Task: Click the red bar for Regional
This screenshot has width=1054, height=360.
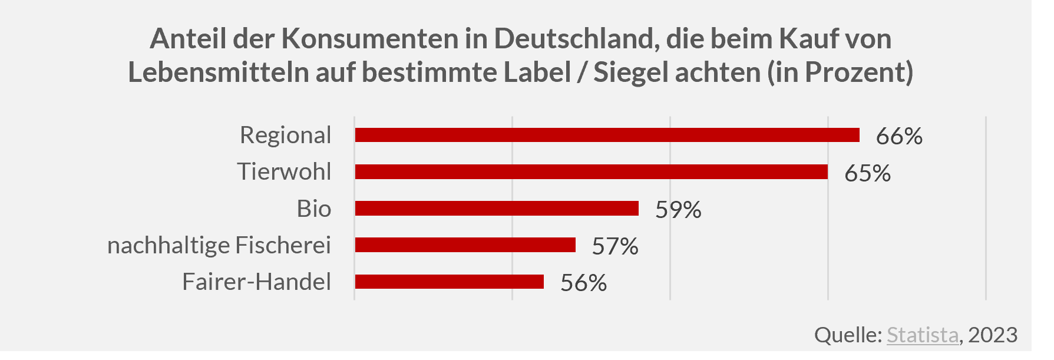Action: (607, 135)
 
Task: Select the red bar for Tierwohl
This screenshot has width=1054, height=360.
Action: (591, 171)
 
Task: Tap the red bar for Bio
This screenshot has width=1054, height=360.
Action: (497, 209)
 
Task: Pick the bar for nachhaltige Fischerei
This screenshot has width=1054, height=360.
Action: (465, 245)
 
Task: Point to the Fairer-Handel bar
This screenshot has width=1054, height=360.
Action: (449, 282)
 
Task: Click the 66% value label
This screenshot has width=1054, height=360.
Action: (899, 136)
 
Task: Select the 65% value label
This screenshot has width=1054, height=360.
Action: (867, 173)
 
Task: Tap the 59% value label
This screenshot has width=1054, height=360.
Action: (678, 210)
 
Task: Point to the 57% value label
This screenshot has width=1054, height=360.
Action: (615, 246)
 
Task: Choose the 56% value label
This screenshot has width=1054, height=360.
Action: (583, 283)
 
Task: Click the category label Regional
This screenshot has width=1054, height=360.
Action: (286, 135)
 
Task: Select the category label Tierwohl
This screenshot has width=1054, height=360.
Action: (285, 171)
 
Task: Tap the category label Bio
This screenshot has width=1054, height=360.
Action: (314, 209)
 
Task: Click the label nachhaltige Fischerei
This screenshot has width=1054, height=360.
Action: (219, 245)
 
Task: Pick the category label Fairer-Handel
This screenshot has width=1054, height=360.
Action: (257, 282)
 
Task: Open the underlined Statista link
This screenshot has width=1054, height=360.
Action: (923, 335)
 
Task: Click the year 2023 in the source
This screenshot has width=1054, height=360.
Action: (993, 335)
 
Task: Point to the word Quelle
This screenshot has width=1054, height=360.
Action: (847, 335)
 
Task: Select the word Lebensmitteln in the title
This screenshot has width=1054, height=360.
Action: (218, 72)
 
